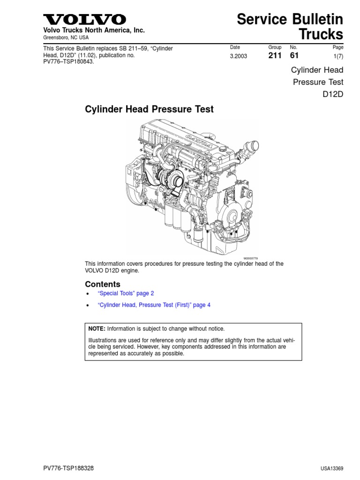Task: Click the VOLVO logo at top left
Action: click(x=85, y=20)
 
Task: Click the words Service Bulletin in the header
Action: click(x=290, y=19)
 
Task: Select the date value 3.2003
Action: click(x=239, y=56)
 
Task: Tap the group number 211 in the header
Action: click(x=274, y=56)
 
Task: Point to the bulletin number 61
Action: click(x=294, y=56)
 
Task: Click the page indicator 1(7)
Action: click(x=337, y=56)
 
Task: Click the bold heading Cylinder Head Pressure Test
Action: click(x=149, y=110)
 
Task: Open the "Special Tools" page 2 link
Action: click(x=126, y=293)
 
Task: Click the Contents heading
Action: click(x=103, y=284)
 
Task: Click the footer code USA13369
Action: click(x=332, y=469)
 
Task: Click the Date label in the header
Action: click(x=235, y=47)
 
